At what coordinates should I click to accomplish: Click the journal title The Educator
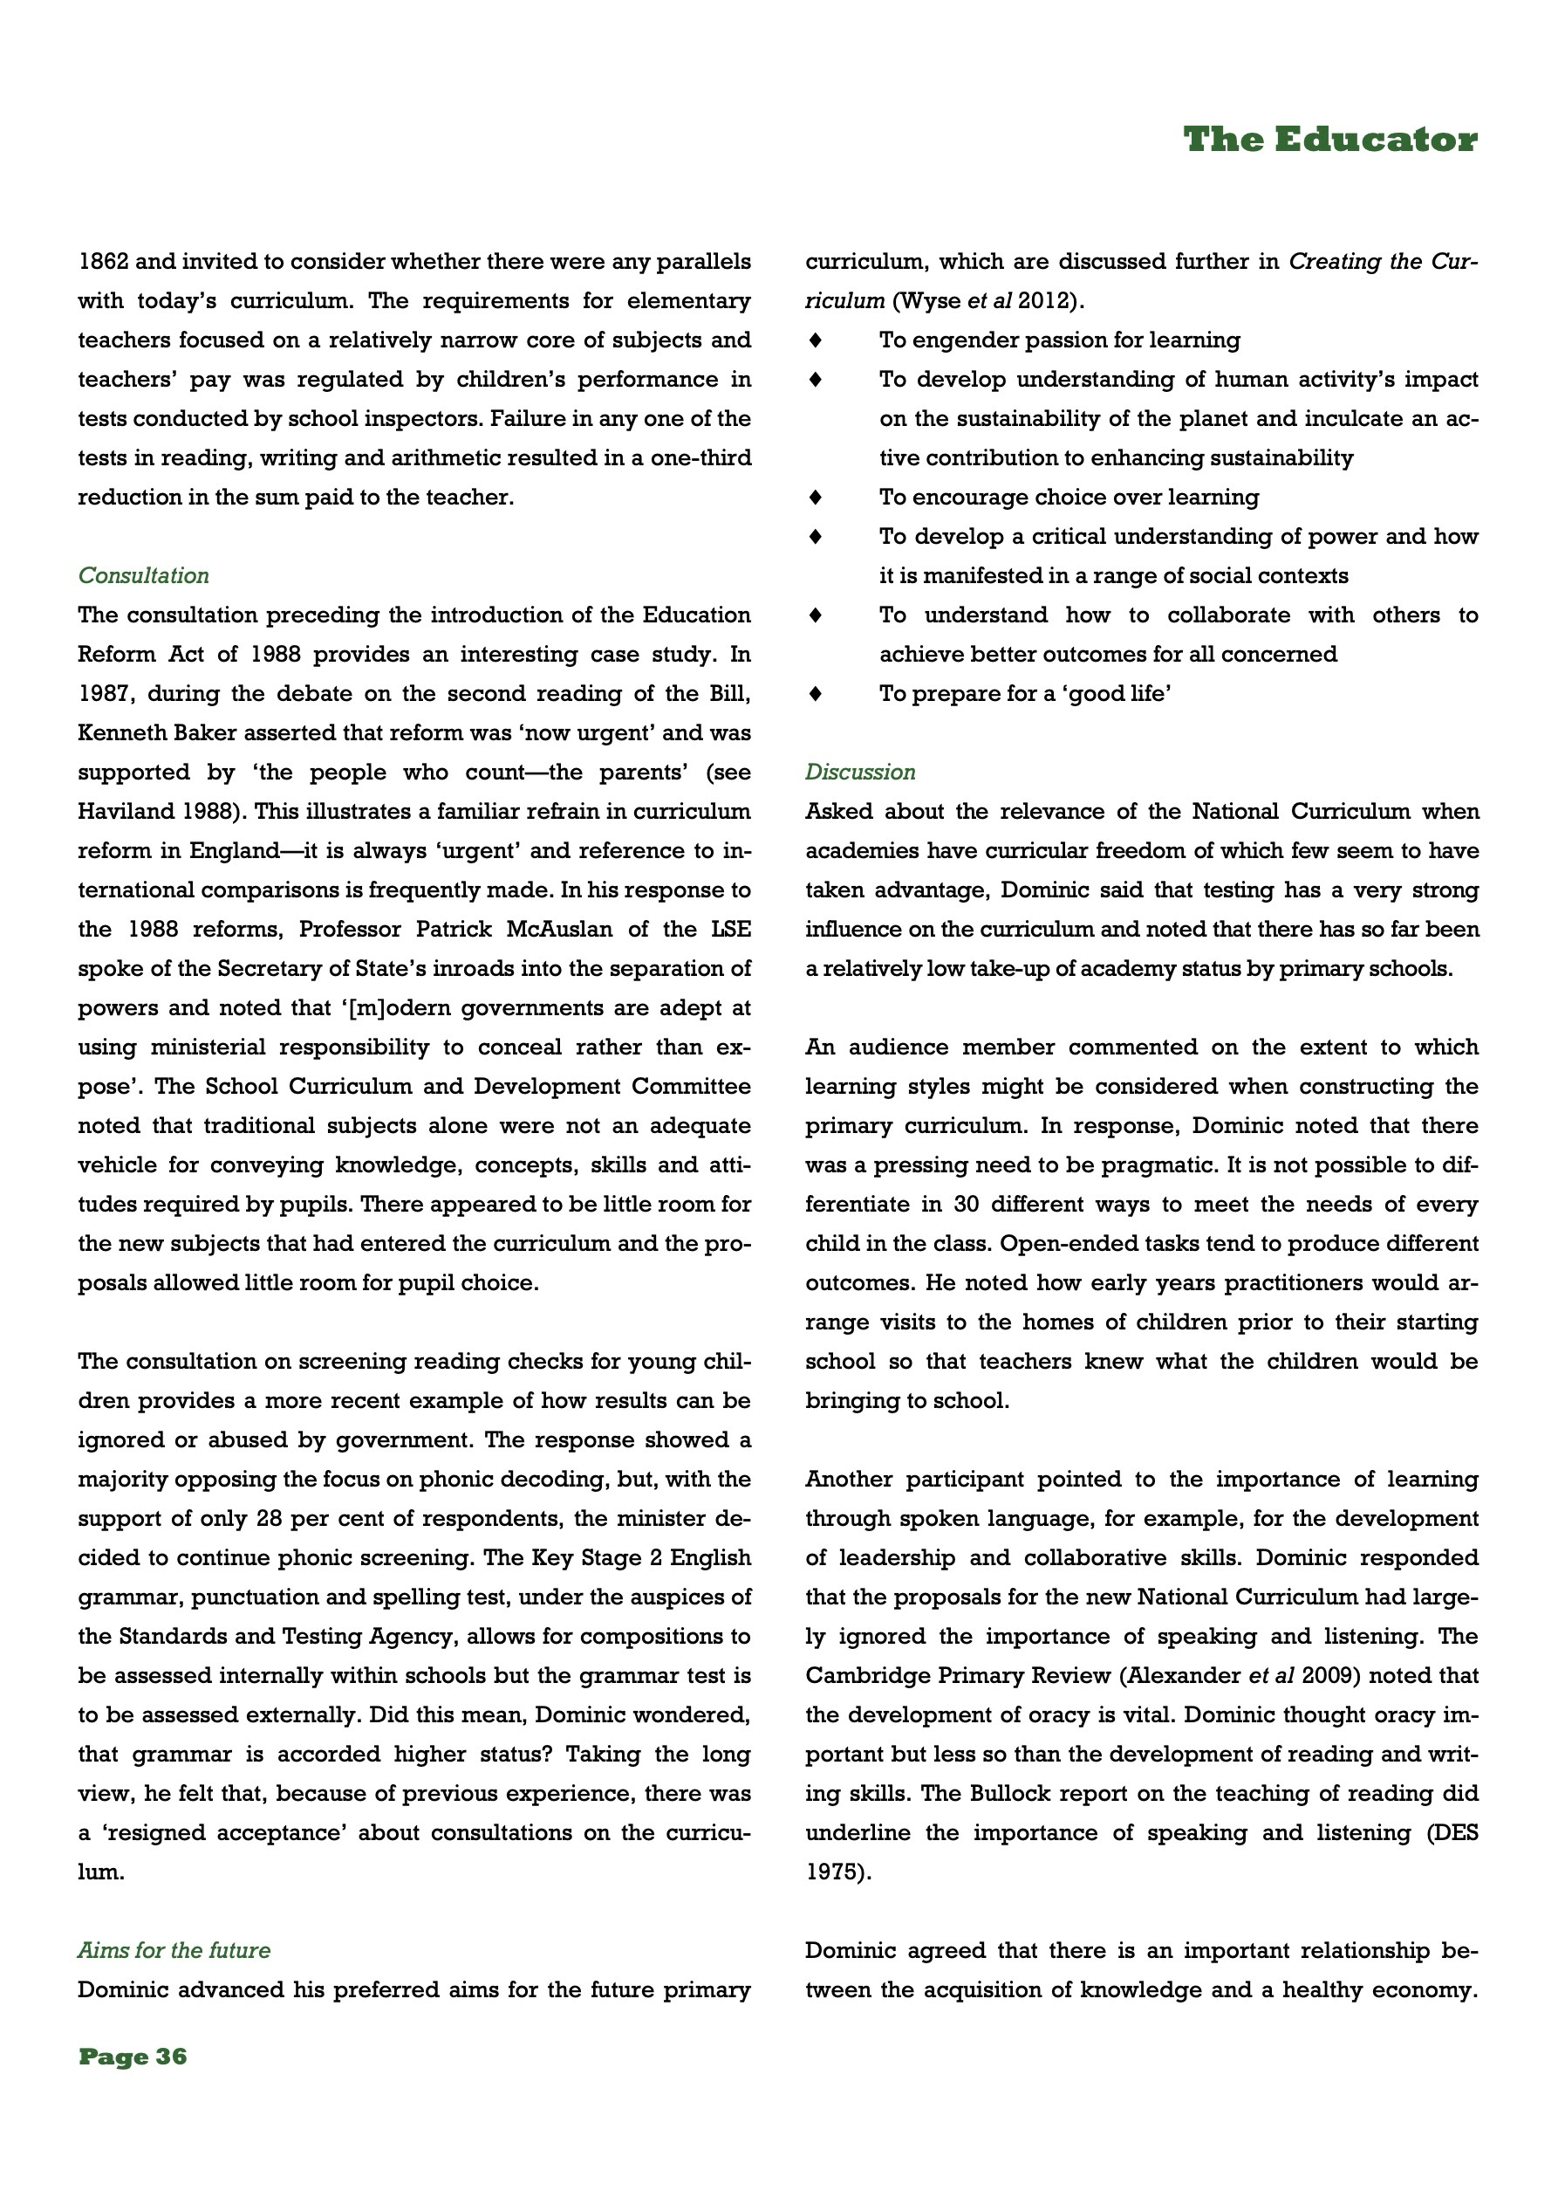1329,141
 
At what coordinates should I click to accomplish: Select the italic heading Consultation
143,575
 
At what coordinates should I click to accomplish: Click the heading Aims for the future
174,1949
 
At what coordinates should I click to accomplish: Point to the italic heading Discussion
860,773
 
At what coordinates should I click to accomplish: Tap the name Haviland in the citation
120,812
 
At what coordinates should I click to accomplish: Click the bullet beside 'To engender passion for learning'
816,340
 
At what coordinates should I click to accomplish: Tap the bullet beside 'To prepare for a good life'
816,693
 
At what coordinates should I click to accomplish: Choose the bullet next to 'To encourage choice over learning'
816,498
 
